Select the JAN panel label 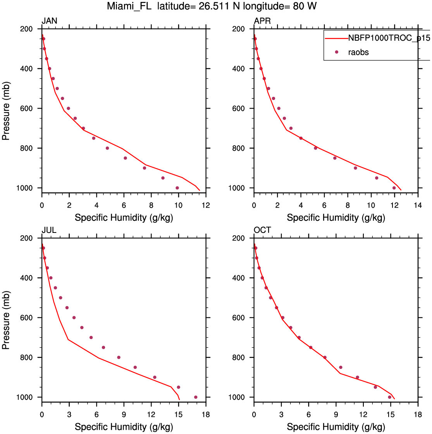(50, 21)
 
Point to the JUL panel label (49, 231)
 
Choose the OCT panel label (262, 231)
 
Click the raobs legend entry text (359, 52)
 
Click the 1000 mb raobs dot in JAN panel (177, 188)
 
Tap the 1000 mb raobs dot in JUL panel (196, 397)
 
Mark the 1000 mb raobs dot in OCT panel (390, 397)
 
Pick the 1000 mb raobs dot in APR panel (394, 188)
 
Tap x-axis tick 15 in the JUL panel (179, 414)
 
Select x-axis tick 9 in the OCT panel (336, 414)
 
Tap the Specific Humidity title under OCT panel (336, 427)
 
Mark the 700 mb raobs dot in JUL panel (91, 338)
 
